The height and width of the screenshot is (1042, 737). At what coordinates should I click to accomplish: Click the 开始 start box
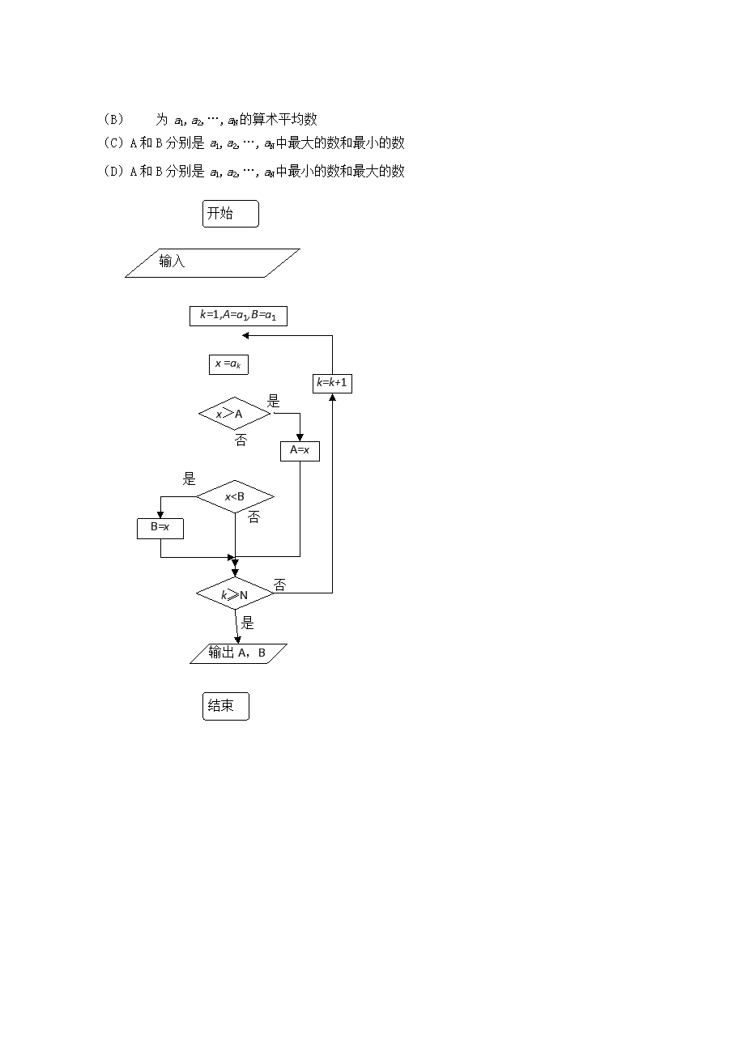point(230,214)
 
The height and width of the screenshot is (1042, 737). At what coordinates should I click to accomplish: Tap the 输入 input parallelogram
point(212,262)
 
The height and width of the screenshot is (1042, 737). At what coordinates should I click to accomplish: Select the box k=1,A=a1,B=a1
point(238,316)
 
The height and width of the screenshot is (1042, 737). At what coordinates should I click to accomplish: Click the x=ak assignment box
point(228,364)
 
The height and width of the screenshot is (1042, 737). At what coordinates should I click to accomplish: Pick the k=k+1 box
point(332,383)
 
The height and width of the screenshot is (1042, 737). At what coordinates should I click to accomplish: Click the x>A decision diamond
point(234,414)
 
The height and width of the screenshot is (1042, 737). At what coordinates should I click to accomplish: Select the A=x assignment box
point(300,450)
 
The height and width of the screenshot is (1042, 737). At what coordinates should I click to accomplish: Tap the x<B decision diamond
point(235,496)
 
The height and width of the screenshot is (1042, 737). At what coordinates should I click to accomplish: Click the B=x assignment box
point(160,528)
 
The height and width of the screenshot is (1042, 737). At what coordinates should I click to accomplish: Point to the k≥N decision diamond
point(235,594)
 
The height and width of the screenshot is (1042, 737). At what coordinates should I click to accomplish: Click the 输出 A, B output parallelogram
point(238,653)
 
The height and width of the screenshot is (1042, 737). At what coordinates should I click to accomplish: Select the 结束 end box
point(225,706)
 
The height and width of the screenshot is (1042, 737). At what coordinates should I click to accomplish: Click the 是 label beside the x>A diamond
point(274,402)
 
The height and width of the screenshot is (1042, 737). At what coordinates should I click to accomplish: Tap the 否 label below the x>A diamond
point(241,440)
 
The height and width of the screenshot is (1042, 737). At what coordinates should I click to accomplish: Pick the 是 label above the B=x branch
point(190,478)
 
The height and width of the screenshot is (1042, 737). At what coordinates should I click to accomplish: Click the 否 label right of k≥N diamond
point(279,585)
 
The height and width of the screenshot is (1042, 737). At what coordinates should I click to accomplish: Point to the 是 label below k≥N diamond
point(248,623)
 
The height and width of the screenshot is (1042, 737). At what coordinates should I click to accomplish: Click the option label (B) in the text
point(113,120)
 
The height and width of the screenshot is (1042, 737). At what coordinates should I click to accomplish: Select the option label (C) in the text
point(113,143)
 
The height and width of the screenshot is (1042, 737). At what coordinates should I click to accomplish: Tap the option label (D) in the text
point(113,171)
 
